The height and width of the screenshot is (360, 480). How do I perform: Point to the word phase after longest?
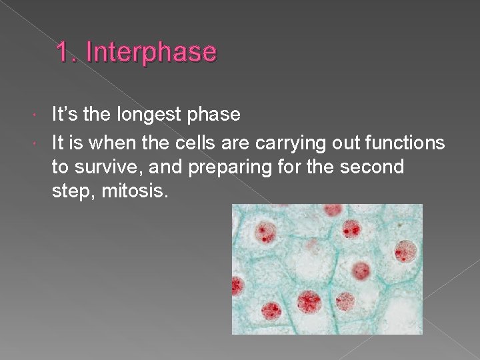214,115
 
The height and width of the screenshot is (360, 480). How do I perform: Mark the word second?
372,167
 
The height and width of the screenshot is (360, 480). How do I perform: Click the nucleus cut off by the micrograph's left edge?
236,287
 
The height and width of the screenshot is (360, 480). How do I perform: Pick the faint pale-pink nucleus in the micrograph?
311,246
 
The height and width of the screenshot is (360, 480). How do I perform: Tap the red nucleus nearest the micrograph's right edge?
406,251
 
